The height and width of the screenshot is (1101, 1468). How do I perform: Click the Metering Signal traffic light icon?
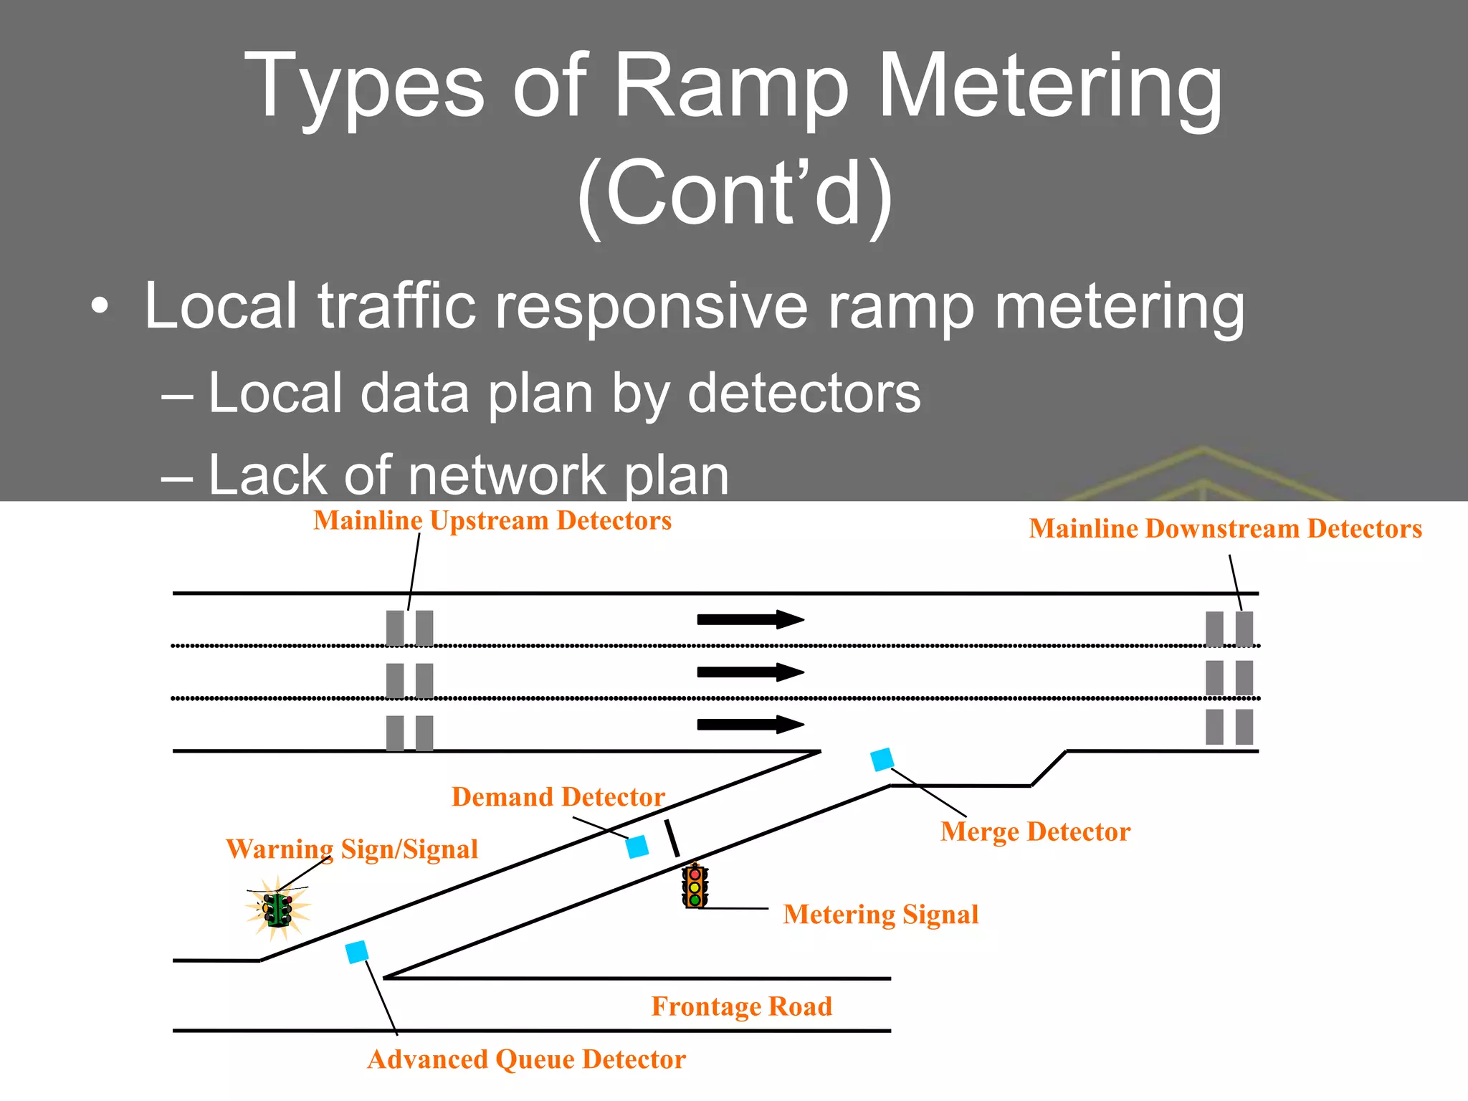point(695,887)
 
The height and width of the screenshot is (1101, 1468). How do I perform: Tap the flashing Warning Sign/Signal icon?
point(278,909)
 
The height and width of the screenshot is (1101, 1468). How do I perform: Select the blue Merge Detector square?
point(882,760)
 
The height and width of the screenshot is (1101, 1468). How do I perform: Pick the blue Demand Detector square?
point(637,847)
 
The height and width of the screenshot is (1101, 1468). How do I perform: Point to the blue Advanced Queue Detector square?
point(357,952)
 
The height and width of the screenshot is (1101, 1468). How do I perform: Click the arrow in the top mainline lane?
point(750,619)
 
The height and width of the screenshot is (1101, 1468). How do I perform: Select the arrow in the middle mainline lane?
point(750,672)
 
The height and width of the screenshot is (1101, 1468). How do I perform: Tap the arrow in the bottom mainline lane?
point(750,725)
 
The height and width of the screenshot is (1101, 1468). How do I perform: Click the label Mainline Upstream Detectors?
point(492,521)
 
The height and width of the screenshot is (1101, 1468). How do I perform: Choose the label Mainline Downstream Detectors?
point(1225,529)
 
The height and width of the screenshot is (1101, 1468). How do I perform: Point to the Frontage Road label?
point(741,1006)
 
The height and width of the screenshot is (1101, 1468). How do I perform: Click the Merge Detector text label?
point(1035,832)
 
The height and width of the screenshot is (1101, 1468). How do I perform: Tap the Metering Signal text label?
point(880,915)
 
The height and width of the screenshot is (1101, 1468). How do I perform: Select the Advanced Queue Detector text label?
point(526,1059)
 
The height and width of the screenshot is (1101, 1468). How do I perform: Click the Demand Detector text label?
point(558,797)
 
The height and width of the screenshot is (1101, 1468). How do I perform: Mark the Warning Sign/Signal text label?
point(351,849)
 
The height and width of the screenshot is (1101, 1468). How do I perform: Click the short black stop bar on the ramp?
point(672,839)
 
